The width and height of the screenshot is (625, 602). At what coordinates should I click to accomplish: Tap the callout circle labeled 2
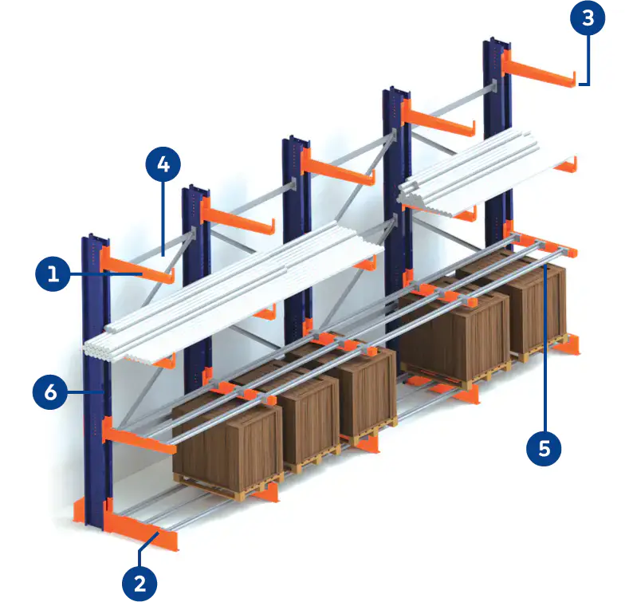coord(140,583)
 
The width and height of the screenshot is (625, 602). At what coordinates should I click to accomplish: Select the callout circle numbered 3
coord(588,18)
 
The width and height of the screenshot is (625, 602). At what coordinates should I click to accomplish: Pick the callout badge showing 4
coord(163,165)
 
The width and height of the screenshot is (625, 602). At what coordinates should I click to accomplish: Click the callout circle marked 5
coord(544,448)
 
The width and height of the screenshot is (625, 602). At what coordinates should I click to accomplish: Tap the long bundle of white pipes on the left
coord(231,291)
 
